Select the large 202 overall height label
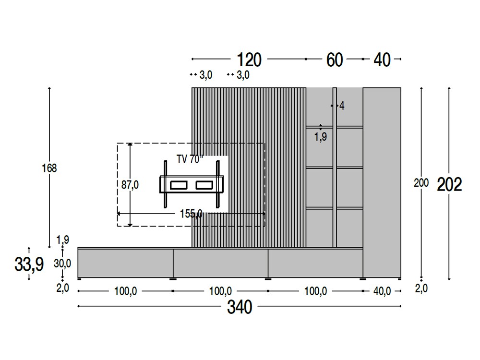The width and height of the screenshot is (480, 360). click(449, 184)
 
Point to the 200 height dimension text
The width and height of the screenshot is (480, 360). click(421, 183)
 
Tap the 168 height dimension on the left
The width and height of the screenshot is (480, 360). click(49, 168)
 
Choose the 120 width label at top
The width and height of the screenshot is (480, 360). click(249, 60)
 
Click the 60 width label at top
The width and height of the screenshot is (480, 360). click(335, 60)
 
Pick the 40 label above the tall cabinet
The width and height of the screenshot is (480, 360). click(382, 60)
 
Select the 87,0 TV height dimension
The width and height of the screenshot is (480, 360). click(130, 185)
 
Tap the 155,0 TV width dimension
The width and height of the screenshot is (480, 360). click(191, 214)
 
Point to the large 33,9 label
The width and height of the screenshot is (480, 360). click(29, 264)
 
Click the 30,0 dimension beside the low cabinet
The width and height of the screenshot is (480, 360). click(62, 263)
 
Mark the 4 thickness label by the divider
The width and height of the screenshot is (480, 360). click(342, 106)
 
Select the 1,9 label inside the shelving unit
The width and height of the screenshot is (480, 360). click(321, 137)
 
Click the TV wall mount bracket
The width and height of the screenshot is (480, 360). click(192, 185)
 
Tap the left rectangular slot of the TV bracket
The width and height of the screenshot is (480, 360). click(178, 185)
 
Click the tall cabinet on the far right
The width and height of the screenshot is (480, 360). click(382, 182)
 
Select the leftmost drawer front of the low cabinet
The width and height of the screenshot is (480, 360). click(125, 263)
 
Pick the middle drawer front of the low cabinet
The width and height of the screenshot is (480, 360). click(220, 263)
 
